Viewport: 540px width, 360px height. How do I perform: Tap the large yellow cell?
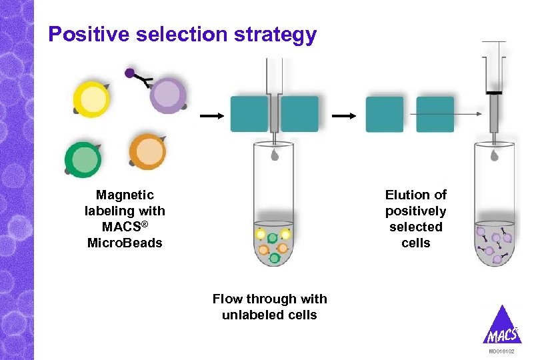pyautogui.click(x=91, y=99)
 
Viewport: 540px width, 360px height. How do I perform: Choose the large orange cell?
pyautogui.click(x=147, y=153)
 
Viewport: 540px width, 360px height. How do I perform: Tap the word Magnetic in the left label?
pyautogui.click(x=125, y=195)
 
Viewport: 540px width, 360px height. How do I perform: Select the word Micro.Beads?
pyautogui.click(x=125, y=243)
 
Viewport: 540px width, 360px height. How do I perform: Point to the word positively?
pyautogui.click(x=415, y=211)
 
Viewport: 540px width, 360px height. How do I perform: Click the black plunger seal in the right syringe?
pyautogui.click(x=494, y=92)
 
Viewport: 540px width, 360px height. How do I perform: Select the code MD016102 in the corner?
pyautogui.click(x=501, y=351)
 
